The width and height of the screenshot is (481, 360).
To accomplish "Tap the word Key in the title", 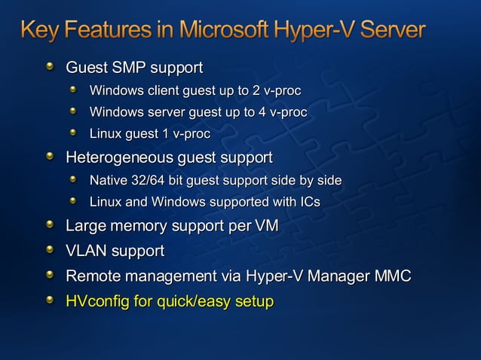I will click(x=38, y=31).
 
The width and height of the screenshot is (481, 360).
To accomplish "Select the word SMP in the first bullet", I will click(x=127, y=69).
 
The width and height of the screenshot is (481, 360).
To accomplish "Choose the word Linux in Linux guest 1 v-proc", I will click(x=106, y=135).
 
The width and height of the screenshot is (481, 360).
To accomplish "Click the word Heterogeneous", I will click(x=119, y=158).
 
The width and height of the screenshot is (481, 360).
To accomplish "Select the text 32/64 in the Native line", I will click(x=150, y=181).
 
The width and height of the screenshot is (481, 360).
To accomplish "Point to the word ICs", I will click(x=309, y=202).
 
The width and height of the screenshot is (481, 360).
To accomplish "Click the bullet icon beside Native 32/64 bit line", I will click(x=73, y=180).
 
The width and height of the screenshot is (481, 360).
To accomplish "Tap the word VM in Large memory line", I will click(x=266, y=225).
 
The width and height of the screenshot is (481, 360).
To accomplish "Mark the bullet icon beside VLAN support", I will click(x=50, y=249).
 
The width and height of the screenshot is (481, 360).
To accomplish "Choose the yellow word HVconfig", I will click(x=97, y=301).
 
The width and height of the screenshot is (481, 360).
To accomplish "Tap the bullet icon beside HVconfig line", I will click(x=50, y=301).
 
